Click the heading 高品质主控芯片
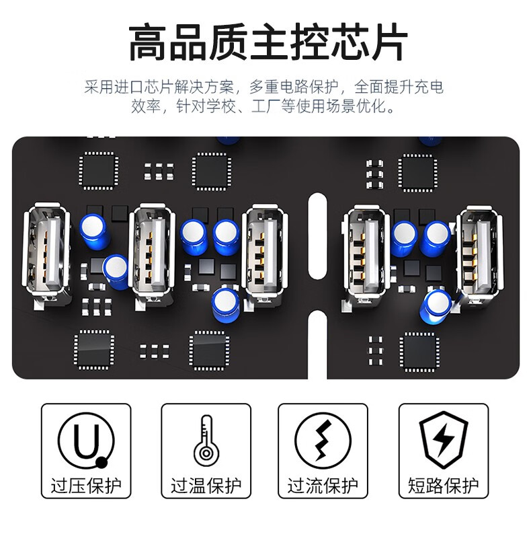[268, 42]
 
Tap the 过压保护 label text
[86, 485]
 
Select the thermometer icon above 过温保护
[206, 441]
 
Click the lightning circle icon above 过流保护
[323, 441]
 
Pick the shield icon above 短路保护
[444, 440]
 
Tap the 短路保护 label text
[443, 485]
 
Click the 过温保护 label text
[206, 485]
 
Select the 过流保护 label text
[323, 485]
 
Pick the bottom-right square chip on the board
[419, 352]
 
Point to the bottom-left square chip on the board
[94, 350]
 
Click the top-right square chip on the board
[417, 173]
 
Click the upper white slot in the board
[317, 236]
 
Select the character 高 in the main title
[148, 42]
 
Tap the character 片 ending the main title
[388, 42]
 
